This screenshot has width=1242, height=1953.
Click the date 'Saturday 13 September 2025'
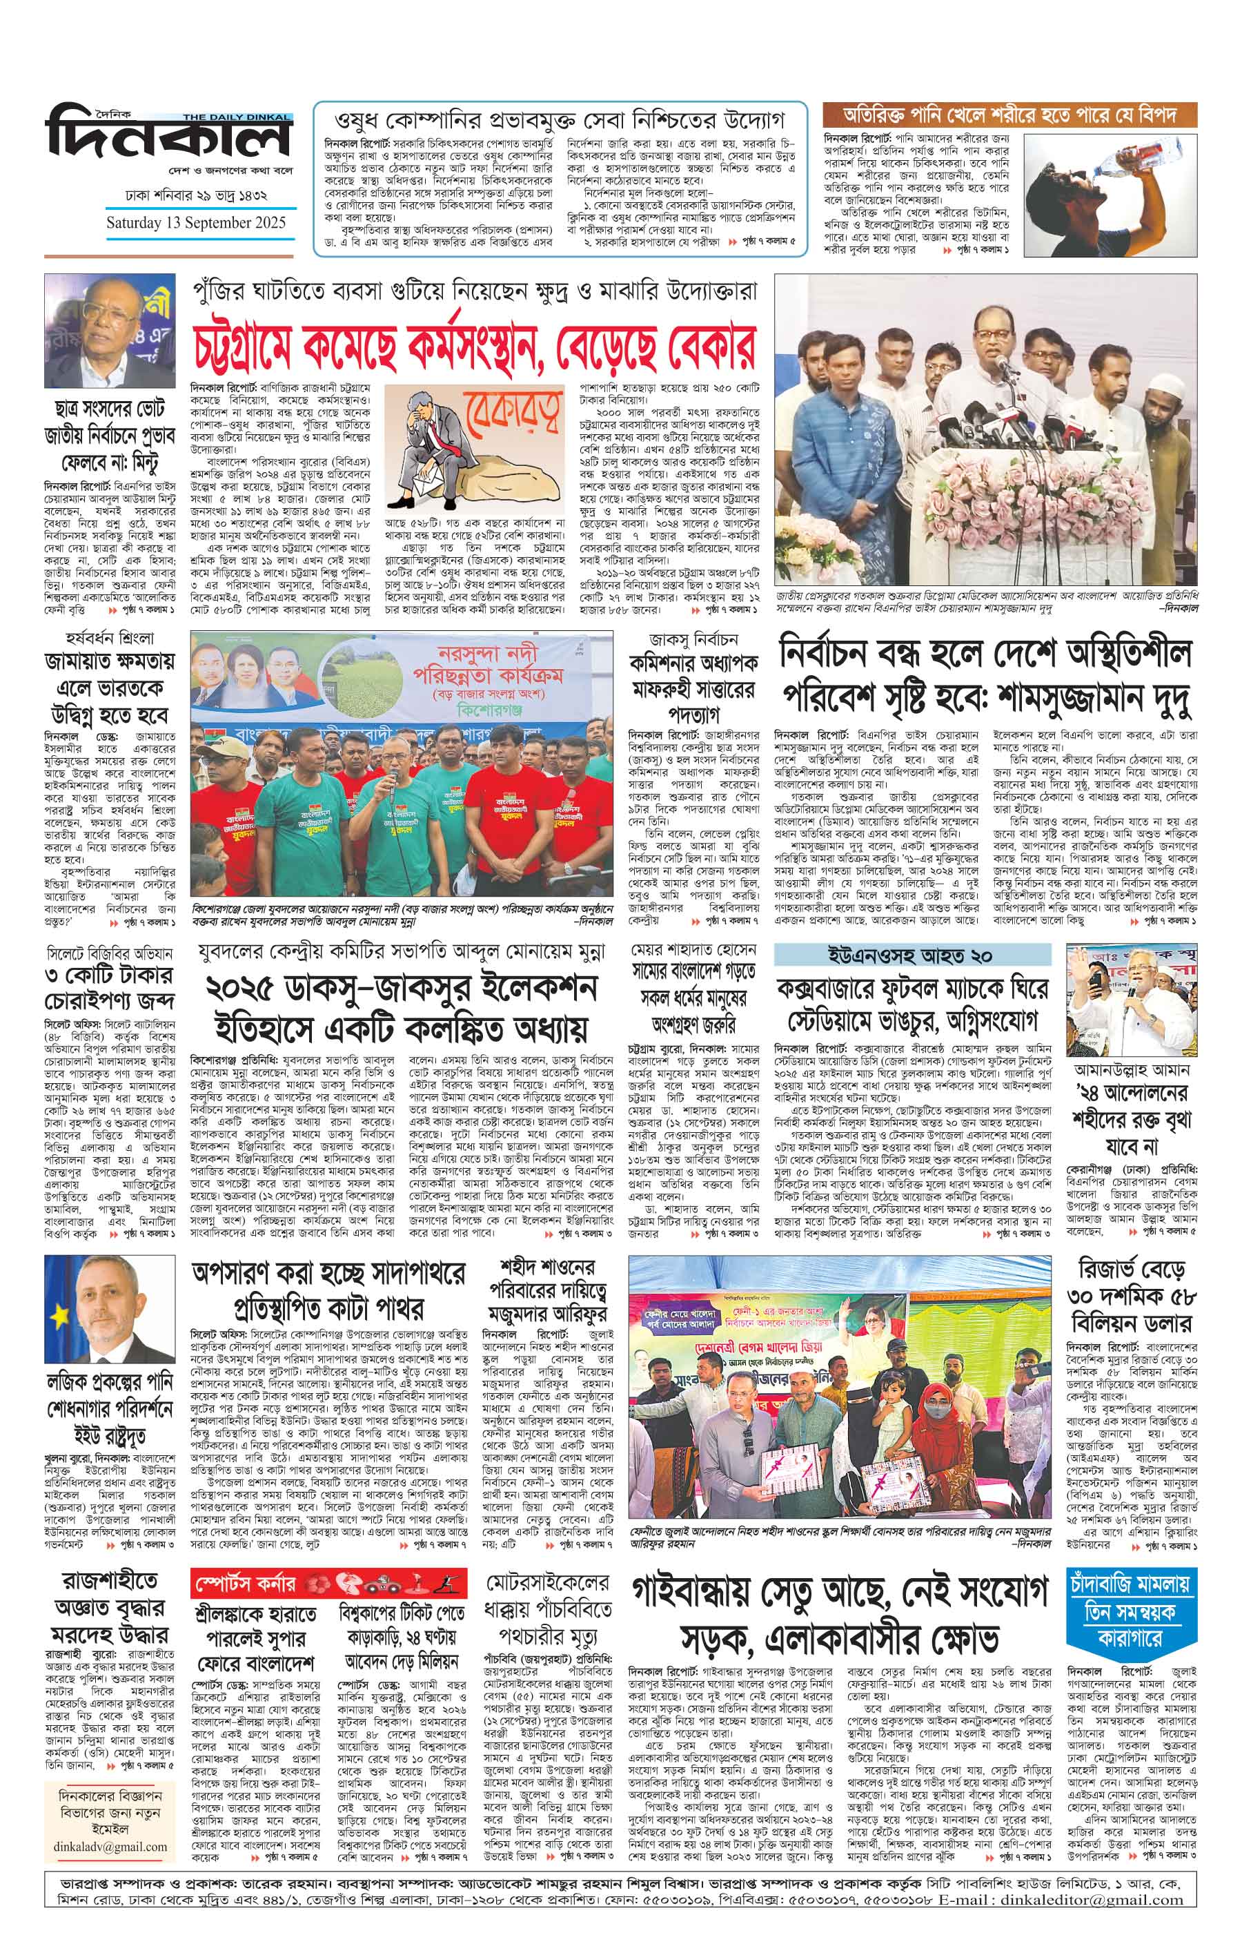pos(196,222)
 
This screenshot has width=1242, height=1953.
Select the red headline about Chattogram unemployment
pos(473,347)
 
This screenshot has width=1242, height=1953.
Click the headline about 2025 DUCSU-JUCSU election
pos(400,1008)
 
